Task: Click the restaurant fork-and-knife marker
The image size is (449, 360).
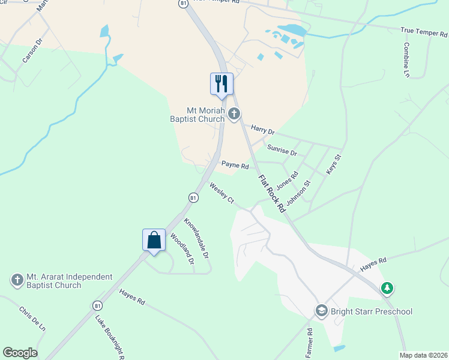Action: (221, 83)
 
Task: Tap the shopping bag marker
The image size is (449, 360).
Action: (154, 240)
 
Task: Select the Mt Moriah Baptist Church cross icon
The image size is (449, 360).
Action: (234, 113)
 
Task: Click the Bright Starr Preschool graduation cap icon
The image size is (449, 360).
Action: (322, 311)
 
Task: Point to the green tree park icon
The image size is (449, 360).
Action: (388, 289)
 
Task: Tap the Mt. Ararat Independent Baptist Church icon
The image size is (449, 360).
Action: (17, 280)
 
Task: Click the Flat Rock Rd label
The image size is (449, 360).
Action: (271, 193)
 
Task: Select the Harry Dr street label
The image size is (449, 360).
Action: (262, 130)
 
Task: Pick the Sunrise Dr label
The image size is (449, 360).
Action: (282, 149)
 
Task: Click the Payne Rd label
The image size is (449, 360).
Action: (235, 164)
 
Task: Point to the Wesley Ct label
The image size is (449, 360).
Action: (221, 193)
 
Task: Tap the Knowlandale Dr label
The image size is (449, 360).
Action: (196, 238)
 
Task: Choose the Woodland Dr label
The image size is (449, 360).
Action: (182, 248)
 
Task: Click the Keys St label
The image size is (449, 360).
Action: (333, 165)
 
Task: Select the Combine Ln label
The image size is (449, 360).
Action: (406, 59)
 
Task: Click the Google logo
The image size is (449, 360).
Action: (20, 353)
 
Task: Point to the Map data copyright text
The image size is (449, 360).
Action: (423, 355)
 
